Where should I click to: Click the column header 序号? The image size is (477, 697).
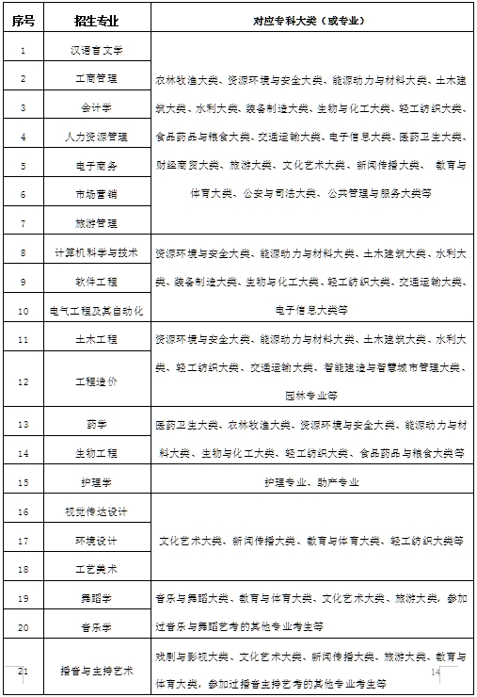click(23, 19)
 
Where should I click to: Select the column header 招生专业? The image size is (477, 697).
click(97, 19)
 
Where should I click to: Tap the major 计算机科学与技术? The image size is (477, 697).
click(97, 252)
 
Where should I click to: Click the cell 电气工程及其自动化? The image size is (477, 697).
click(97, 310)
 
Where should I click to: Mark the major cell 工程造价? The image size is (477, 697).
click(97, 381)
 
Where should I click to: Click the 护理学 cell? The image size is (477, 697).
click(97, 481)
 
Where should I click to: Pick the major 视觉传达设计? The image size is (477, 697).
click(97, 511)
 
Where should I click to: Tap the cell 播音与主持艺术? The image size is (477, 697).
click(97, 671)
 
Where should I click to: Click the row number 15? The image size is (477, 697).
click(23, 481)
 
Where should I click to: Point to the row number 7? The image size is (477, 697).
click(23, 223)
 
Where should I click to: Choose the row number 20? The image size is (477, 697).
click(23, 626)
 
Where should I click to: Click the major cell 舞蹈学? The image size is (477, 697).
click(97, 598)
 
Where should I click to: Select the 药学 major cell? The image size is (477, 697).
click(97, 424)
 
